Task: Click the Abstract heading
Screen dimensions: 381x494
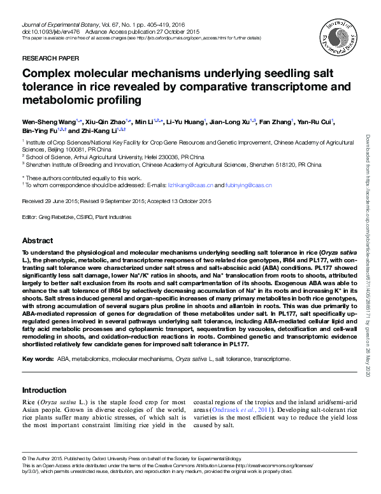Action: [x=38, y=241]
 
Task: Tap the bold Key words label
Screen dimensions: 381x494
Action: [x=38, y=360]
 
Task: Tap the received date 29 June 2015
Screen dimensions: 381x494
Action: [x=65, y=201]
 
